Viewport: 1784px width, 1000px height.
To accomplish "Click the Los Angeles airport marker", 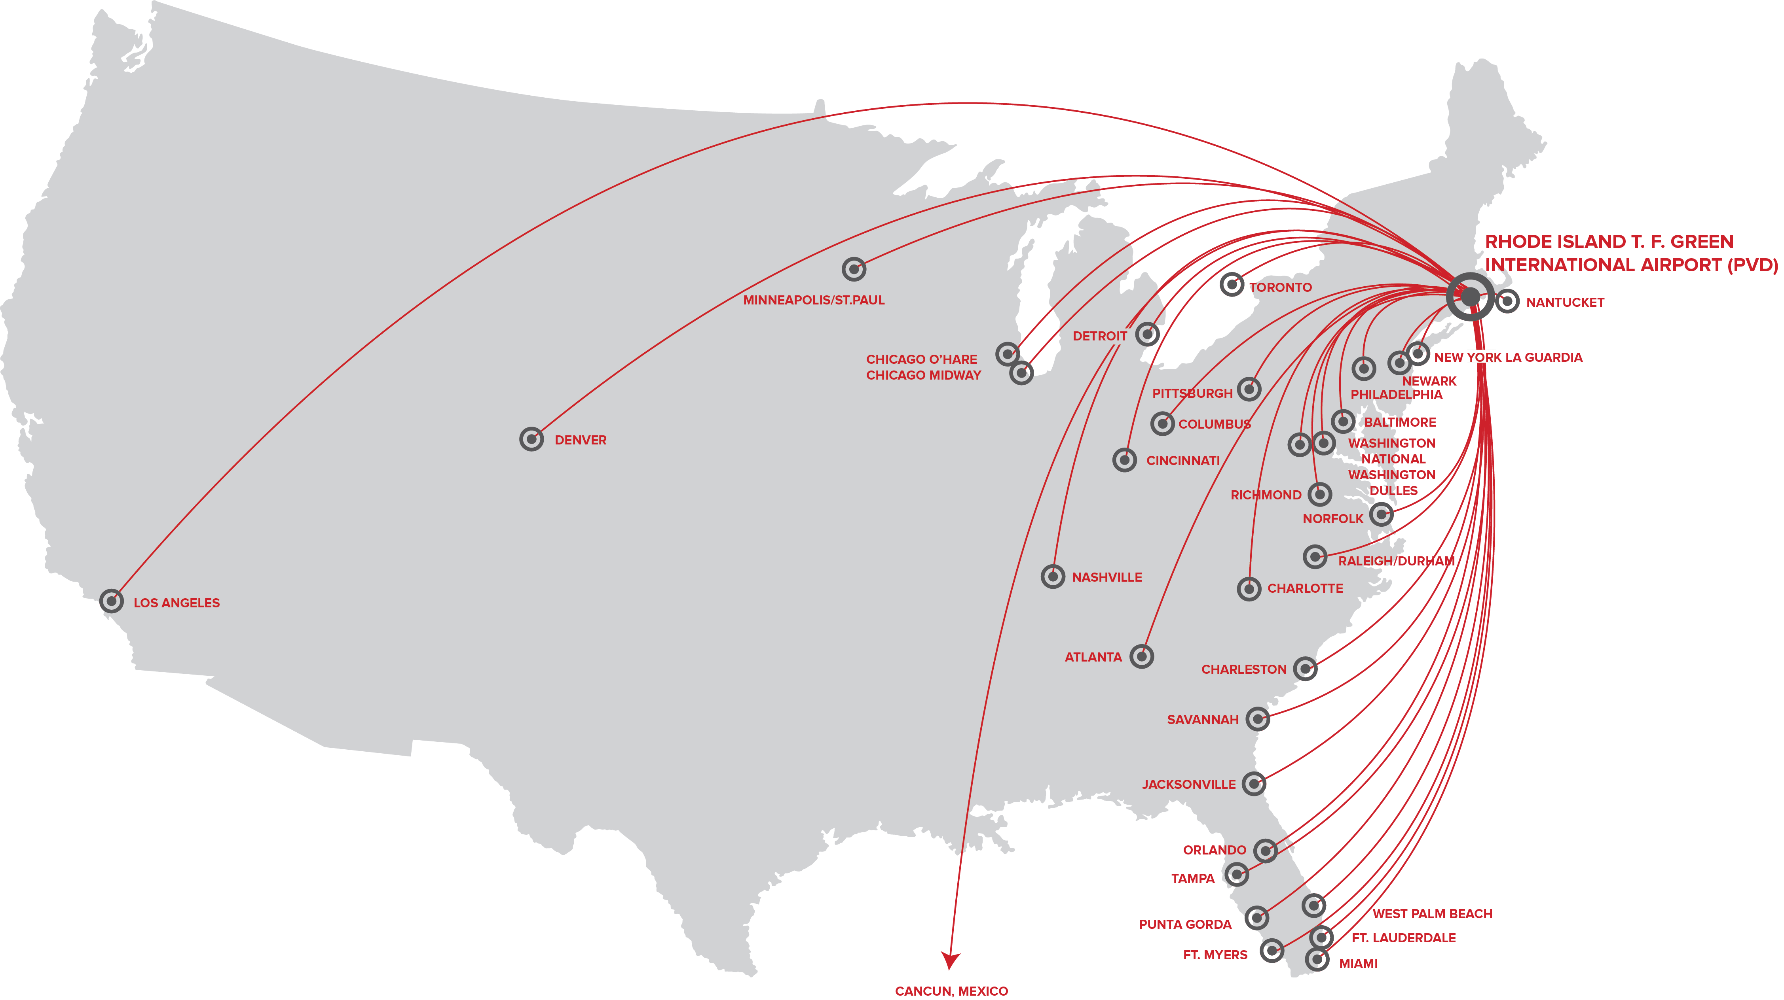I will coord(112,601).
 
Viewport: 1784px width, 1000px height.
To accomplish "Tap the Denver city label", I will coord(580,440).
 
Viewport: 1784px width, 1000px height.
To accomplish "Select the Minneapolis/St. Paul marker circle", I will coord(854,269).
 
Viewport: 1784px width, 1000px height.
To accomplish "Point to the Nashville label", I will coord(1106,577).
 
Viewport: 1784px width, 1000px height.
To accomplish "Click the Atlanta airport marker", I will coord(1141,656).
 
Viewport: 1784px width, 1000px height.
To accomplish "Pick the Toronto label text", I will coord(1281,287).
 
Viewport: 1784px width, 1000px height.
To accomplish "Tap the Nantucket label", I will coord(1565,302).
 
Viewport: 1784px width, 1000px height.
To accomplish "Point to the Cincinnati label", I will coord(1183,460).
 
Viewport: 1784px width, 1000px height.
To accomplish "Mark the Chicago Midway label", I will coord(924,375).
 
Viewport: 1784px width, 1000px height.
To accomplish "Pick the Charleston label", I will coord(1244,669).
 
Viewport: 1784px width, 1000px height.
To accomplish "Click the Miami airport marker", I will coord(1317,960).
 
